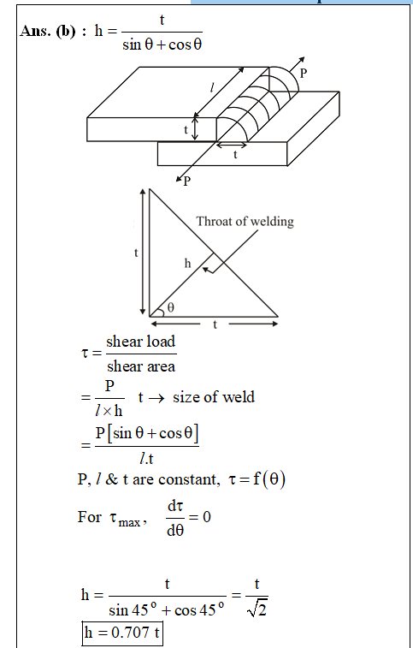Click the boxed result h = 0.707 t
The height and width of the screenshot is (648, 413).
point(121,633)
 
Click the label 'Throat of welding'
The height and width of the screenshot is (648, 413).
point(245,222)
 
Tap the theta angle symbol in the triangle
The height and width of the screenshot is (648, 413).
point(170,307)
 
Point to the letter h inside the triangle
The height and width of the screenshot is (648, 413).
point(188,263)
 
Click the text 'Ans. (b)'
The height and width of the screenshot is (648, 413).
point(48,31)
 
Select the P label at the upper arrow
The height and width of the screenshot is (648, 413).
point(304,74)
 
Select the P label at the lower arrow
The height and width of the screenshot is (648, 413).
point(187,181)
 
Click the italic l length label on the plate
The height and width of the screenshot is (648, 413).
point(212,87)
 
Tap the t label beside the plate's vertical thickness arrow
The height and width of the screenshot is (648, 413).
point(186,130)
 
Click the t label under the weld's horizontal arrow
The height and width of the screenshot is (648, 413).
point(235,155)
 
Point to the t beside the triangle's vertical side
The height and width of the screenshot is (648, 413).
point(136,253)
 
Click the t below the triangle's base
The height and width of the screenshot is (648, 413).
point(215,324)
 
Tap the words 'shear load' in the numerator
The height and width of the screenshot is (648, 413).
point(141,342)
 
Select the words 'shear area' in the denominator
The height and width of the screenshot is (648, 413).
point(141,366)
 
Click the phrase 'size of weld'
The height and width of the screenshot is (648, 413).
point(214,397)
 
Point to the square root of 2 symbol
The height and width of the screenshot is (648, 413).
point(257,609)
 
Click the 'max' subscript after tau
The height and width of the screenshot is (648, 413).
point(129,523)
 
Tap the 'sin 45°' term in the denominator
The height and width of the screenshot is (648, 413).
point(133,610)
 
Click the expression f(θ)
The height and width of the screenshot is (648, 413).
point(268,479)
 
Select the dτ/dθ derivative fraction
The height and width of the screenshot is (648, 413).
point(175,518)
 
